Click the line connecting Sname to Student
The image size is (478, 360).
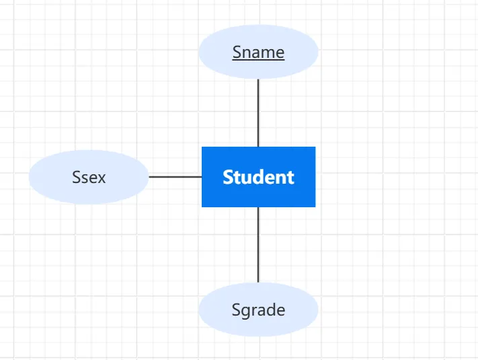pyautogui.click(x=258, y=112)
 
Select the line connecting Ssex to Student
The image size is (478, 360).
pyautogui.click(x=175, y=177)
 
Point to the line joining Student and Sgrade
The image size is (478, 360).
pyautogui.click(x=258, y=244)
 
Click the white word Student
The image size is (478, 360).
pyautogui.click(x=258, y=177)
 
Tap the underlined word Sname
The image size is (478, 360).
pyautogui.click(x=258, y=52)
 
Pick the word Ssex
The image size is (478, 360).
pyautogui.click(x=89, y=178)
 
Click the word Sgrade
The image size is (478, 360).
pyautogui.click(x=258, y=310)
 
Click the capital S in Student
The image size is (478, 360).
pyautogui.click(x=228, y=177)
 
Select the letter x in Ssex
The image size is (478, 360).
pyautogui.click(x=102, y=178)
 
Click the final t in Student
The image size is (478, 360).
pyautogui.click(x=290, y=178)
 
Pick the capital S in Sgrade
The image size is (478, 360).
pyautogui.click(x=236, y=310)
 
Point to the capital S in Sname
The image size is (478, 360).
pyautogui.click(x=237, y=52)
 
